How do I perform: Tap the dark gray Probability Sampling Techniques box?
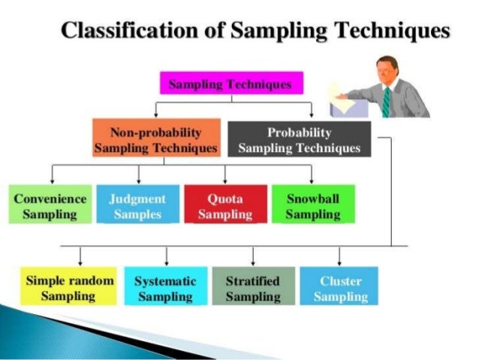coord(299,139)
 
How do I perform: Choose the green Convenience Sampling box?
coord(50,205)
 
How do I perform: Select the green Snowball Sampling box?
coord(313,205)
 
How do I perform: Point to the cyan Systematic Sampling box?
coord(165,288)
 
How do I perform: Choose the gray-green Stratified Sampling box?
coord(252,288)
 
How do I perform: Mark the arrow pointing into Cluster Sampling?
coord(339,256)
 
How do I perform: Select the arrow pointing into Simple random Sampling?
coord(80,256)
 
